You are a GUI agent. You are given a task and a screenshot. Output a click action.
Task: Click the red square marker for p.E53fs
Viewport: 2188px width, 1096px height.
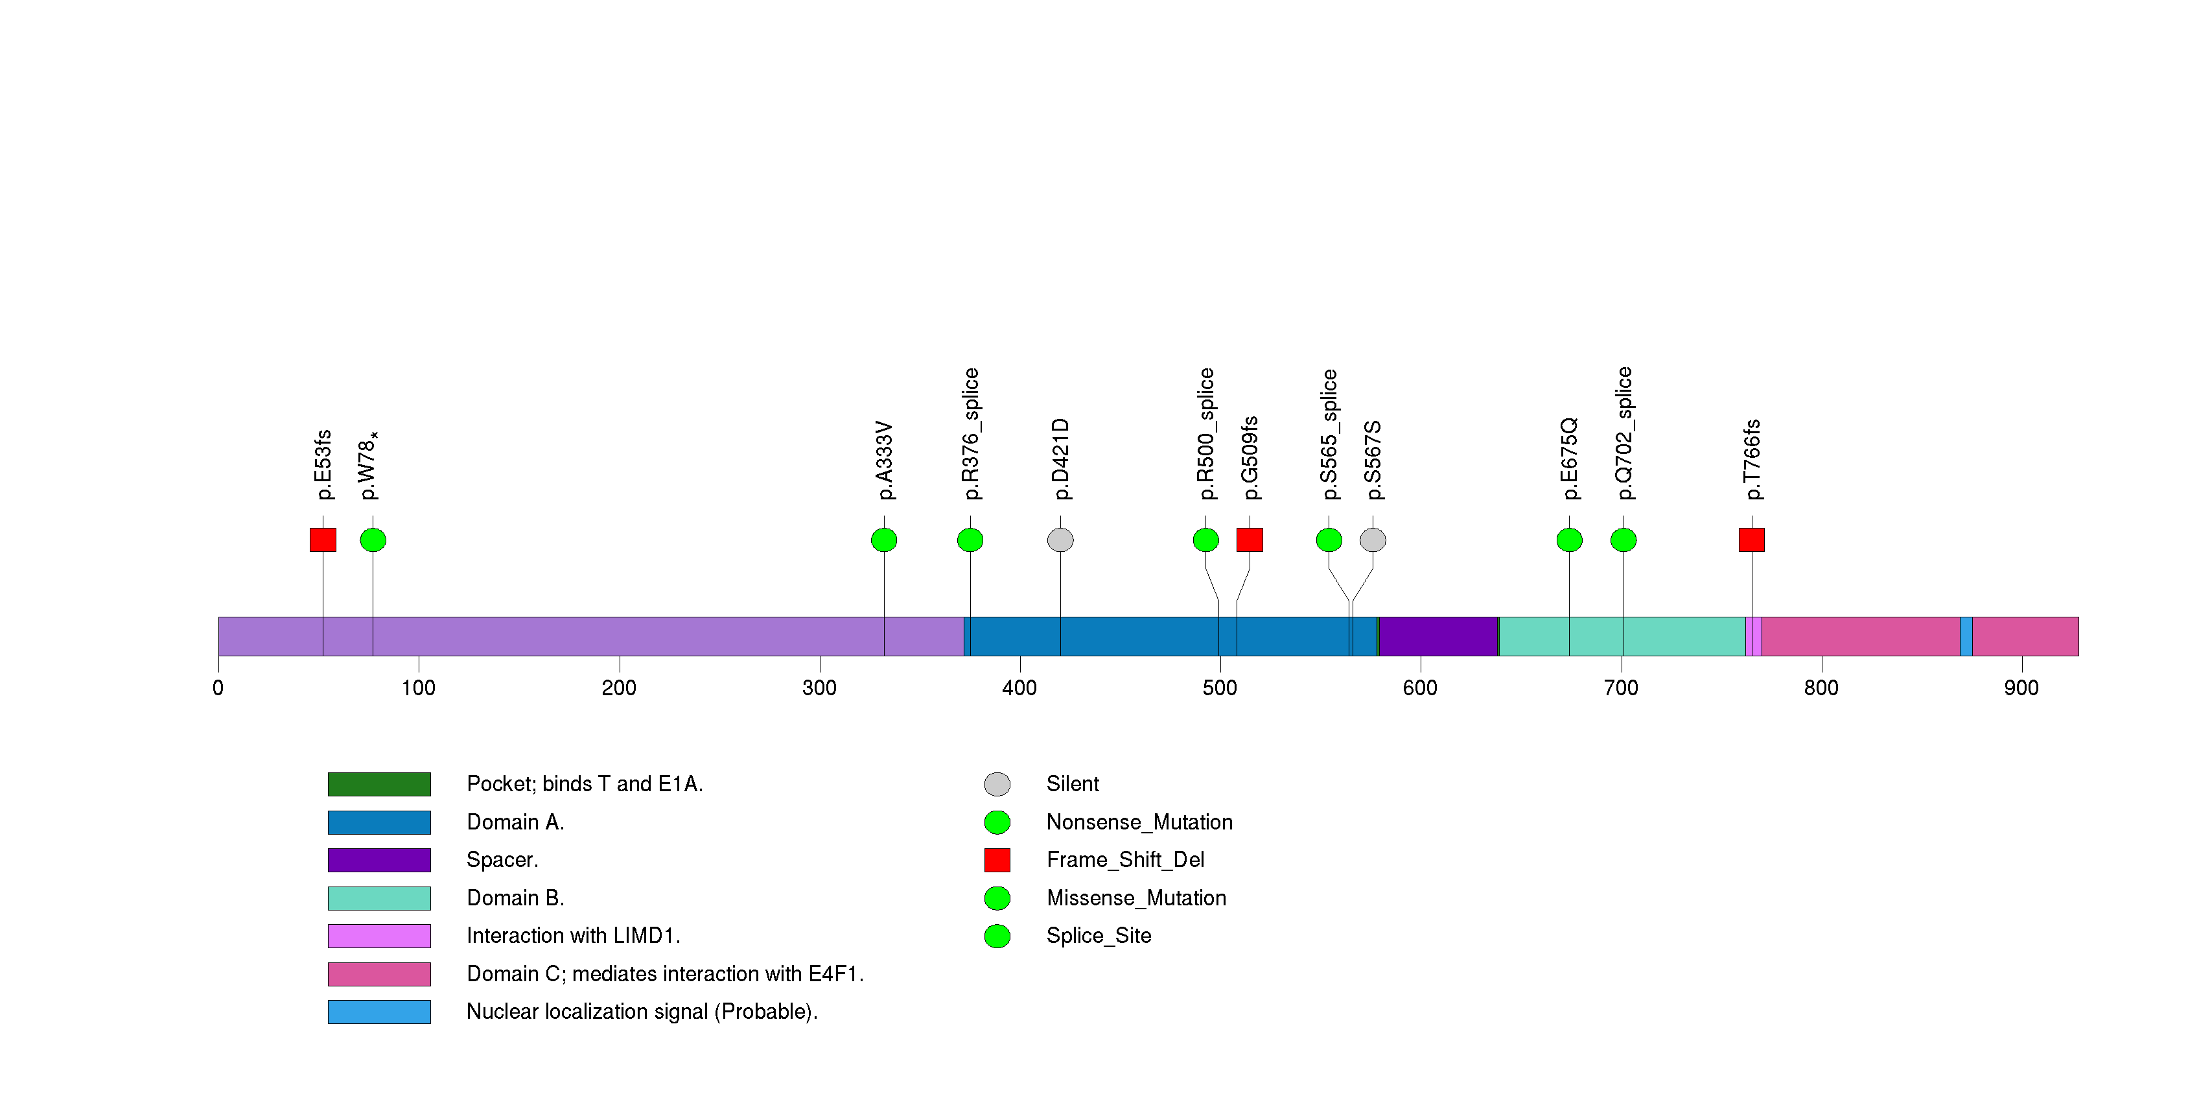click(323, 540)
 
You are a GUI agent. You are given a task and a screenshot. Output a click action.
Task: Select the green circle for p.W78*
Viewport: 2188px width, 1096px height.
click(373, 540)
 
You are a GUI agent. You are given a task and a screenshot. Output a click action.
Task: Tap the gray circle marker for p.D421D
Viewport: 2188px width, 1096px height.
click(1060, 540)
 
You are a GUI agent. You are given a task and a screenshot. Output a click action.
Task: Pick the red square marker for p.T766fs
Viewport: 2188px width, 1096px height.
click(1751, 540)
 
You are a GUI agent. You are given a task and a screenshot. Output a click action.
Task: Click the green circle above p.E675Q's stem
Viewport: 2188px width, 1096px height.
click(1569, 540)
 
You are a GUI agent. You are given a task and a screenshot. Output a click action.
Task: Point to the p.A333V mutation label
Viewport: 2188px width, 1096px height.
click(884, 460)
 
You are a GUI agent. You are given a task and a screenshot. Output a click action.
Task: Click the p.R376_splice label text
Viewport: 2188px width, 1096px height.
click(971, 433)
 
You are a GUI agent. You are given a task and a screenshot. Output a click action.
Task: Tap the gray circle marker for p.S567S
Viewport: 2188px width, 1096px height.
click(1373, 540)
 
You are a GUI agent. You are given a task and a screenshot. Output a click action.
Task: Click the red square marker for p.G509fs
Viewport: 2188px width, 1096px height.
click(1250, 540)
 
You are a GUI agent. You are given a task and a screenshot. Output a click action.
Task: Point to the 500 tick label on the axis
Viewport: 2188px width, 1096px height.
click(1220, 688)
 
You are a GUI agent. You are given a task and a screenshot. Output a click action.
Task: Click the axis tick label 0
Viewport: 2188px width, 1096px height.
click(218, 688)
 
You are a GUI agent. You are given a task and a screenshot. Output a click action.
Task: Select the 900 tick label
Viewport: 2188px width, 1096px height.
click(2021, 688)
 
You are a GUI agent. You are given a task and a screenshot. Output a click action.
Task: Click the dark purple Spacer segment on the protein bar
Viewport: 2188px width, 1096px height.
click(1438, 636)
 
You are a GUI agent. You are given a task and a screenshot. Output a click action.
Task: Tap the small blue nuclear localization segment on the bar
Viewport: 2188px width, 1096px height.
click(1966, 636)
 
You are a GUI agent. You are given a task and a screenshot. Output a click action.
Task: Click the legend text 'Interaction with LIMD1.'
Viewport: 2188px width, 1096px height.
click(574, 935)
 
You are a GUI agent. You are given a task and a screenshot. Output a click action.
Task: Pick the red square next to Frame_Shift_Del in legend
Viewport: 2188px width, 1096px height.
click(997, 860)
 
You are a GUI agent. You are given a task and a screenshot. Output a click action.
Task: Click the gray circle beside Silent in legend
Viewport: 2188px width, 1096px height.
click(997, 784)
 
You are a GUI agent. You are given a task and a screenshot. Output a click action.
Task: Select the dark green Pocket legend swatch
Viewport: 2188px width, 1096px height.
click(379, 784)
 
